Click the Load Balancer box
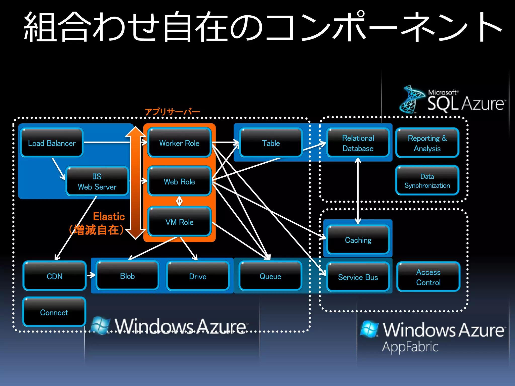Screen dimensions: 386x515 (52, 143)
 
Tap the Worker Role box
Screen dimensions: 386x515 (179, 143)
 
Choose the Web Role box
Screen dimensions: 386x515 (179, 181)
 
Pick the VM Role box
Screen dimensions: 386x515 (179, 222)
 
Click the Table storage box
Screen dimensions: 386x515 (271, 143)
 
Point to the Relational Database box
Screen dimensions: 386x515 (358, 143)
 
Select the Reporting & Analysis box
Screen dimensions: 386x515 (427, 143)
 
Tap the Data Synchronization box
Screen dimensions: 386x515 (427, 181)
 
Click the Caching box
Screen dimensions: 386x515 (358, 240)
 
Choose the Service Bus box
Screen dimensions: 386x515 (358, 277)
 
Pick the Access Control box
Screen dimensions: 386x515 (428, 277)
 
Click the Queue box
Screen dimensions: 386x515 (270, 276)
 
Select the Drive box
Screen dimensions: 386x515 (198, 276)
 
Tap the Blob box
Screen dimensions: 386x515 (127, 276)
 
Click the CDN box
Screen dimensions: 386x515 (55, 276)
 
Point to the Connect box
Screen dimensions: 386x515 (54, 312)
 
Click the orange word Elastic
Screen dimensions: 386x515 (109, 216)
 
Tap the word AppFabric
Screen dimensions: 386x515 (410, 347)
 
